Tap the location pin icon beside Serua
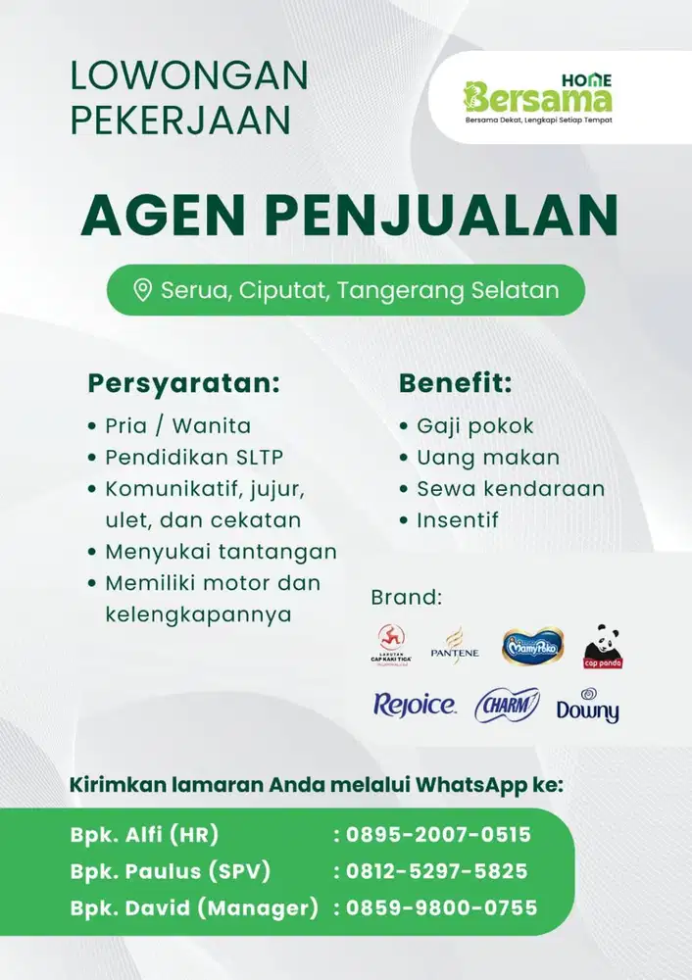(143, 290)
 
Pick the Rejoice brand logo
(414, 705)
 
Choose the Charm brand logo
(507, 705)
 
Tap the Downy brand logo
(587, 707)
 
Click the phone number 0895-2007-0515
(438, 835)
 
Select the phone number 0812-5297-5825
(436, 871)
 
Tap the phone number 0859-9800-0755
(441, 908)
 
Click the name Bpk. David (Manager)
(193, 908)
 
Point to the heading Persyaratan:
(183, 383)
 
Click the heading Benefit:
(455, 383)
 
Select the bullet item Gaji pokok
(474, 426)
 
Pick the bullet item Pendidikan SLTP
(194, 458)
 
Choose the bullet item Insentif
(457, 520)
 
